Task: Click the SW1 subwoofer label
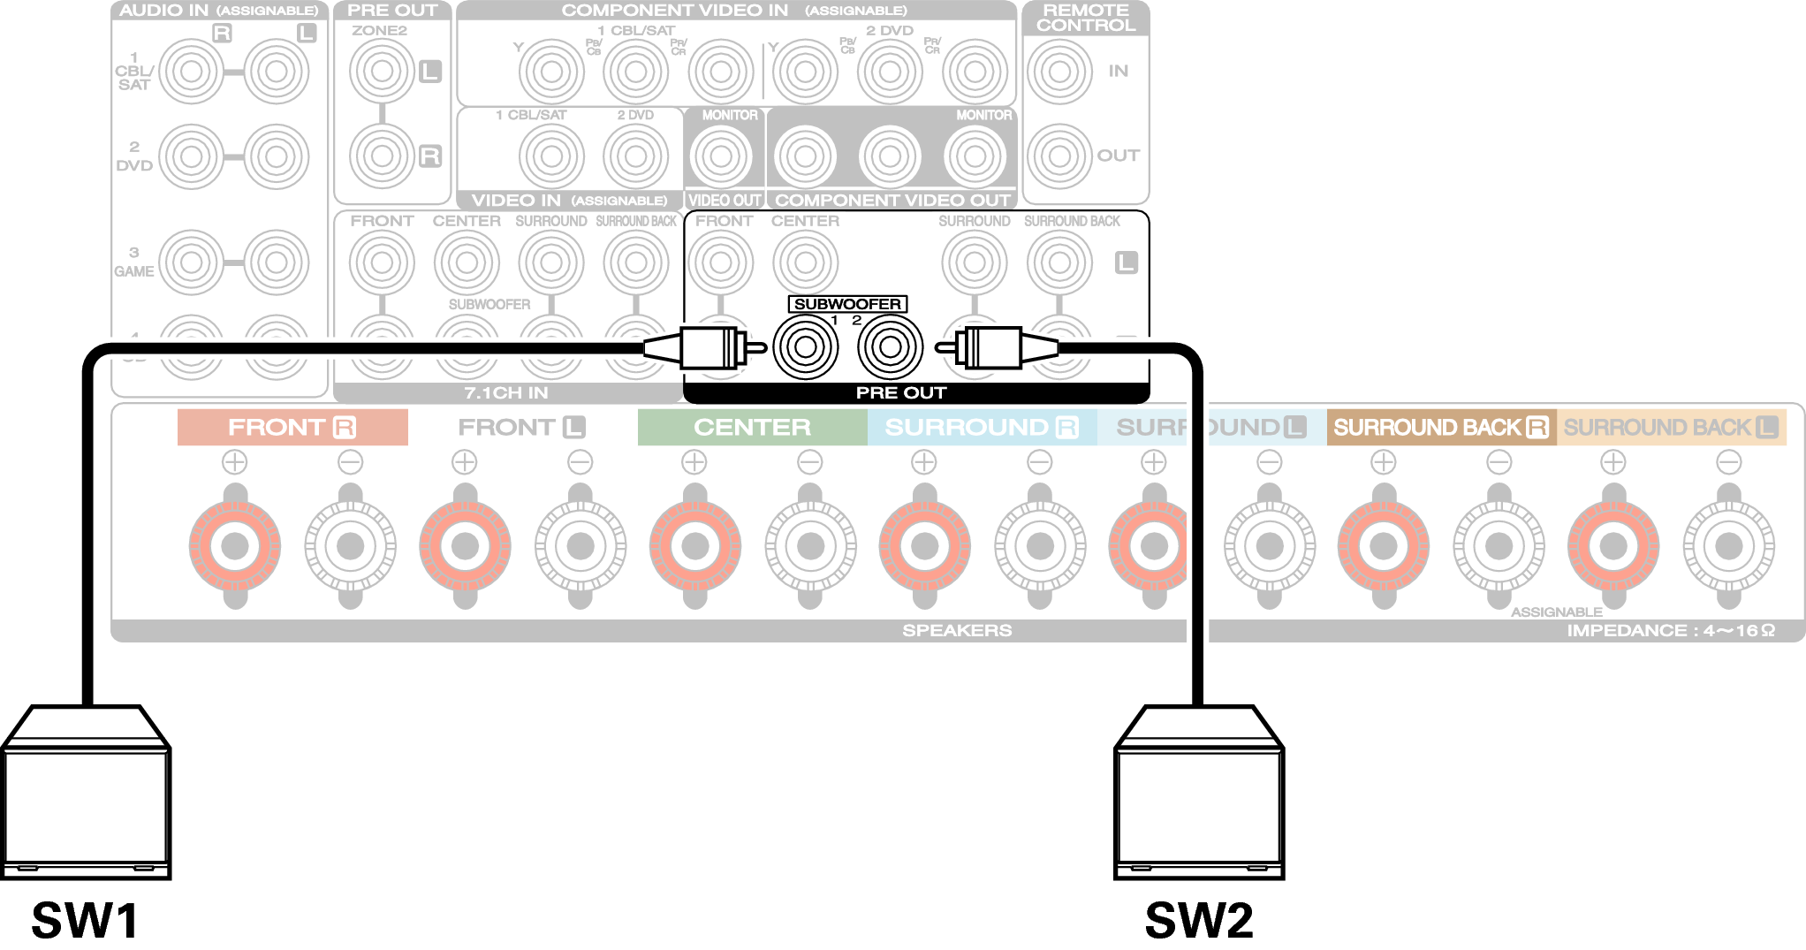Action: point(85,920)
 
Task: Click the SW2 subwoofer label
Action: point(1199,920)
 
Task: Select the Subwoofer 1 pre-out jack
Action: point(805,347)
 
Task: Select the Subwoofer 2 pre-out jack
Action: point(890,347)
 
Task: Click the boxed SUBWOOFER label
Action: point(847,304)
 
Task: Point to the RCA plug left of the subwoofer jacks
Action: point(707,347)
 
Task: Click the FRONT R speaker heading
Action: point(292,428)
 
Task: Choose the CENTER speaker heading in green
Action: point(752,428)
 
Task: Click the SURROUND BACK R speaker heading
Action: point(1441,428)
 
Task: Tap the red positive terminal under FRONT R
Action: point(235,545)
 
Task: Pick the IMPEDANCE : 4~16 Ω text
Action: point(1670,630)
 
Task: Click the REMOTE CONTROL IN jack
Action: point(1059,71)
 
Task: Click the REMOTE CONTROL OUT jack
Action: point(1059,156)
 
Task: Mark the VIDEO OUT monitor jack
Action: point(721,156)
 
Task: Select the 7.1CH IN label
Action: point(506,392)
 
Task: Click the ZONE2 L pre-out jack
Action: point(382,71)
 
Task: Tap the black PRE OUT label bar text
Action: point(901,392)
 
